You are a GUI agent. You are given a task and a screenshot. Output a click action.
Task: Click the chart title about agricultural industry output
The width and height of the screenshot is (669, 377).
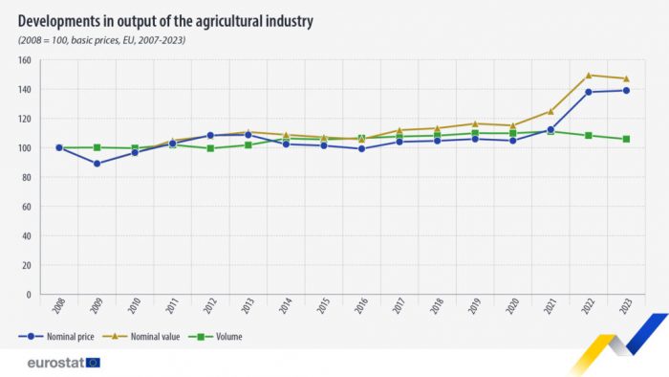tap(165, 20)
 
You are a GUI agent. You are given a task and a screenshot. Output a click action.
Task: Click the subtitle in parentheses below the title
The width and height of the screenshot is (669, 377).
tap(102, 40)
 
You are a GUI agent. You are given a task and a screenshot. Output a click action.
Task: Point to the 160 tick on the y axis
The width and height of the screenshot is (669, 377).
tap(24, 60)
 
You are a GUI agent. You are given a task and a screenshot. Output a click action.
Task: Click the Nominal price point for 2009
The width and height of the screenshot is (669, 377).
tap(97, 164)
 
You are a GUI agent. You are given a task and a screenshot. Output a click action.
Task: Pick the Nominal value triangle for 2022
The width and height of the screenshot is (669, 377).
tap(589, 76)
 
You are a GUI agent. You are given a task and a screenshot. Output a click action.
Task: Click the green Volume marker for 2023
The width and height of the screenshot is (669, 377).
tap(626, 139)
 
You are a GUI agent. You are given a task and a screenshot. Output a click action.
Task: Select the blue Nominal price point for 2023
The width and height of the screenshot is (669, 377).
tap(626, 91)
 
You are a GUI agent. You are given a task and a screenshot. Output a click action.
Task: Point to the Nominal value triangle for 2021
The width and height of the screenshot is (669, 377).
tap(550, 112)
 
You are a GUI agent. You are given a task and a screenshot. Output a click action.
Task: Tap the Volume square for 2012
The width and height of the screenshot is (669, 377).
tap(210, 148)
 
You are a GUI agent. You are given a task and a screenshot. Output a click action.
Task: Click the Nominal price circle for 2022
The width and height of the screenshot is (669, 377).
tap(589, 92)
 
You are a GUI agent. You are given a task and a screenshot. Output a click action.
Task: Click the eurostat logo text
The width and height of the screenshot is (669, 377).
tap(53, 363)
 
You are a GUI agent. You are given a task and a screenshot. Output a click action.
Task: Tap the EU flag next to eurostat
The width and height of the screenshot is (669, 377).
tap(93, 363)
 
